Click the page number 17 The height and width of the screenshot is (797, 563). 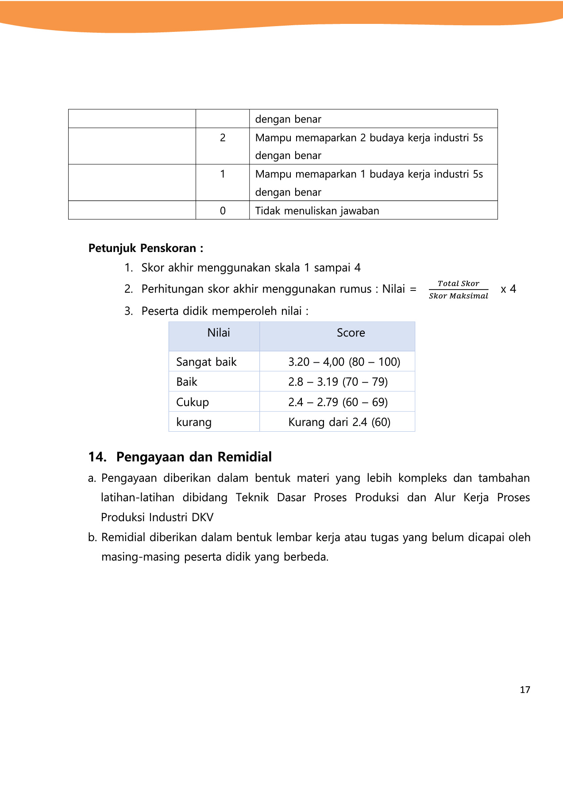(525, 689)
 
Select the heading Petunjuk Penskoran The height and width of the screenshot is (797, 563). (146, 248)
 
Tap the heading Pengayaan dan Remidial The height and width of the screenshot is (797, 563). (193, 457)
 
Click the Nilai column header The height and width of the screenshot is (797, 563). (219, 333)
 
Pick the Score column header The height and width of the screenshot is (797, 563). (351, 333)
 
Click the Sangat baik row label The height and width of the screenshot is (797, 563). (206, 362)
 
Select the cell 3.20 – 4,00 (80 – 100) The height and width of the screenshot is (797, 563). (344, 362)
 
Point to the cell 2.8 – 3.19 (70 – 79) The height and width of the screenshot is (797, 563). (338, 382)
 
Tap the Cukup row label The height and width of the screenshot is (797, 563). (193, 402)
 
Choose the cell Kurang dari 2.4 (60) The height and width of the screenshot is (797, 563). (339, 422)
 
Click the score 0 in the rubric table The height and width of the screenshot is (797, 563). (223, 211)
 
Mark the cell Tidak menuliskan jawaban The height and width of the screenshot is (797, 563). (317, 211)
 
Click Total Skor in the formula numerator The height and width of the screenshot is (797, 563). (458, 283)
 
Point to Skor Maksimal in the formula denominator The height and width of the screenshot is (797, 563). (458, 296)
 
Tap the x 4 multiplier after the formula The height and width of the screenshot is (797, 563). (508, 289)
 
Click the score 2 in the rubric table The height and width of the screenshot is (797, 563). (223, 138)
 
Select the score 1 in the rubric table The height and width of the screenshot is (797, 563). (223, 174)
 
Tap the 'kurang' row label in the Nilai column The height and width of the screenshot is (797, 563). (194, 422)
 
